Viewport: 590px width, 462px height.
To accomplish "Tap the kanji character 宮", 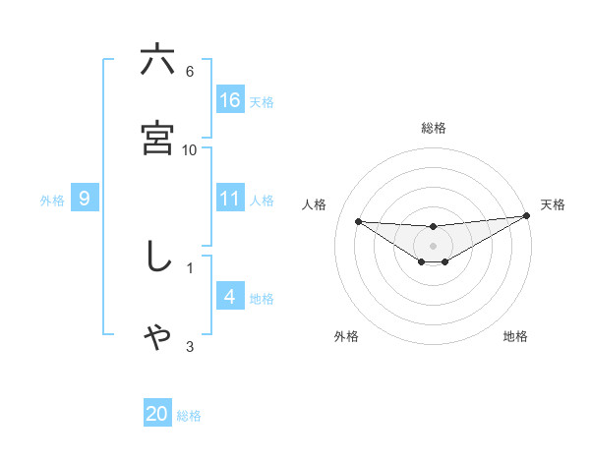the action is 157,140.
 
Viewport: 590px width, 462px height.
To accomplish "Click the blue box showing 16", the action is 230,100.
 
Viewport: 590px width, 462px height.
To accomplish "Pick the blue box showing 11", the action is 230,199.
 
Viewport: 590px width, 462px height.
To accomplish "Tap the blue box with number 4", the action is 230,297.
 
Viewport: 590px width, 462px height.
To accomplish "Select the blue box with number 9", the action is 85,199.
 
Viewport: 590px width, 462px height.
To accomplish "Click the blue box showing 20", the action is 157,414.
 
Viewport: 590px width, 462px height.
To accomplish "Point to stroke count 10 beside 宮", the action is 190,149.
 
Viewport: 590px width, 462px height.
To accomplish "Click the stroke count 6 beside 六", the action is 190,71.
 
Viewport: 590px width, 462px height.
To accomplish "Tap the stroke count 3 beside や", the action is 190,346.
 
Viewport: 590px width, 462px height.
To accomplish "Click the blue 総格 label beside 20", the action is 189,416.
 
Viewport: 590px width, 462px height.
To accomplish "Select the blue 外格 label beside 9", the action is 52,201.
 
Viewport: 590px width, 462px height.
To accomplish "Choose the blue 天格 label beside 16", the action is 262,102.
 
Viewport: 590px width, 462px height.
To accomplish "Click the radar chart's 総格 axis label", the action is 434,128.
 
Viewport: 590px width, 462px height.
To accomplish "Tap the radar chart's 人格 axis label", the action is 316,204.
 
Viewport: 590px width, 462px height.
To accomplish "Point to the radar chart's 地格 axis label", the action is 515,337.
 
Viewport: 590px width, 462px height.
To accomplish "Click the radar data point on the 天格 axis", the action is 526,215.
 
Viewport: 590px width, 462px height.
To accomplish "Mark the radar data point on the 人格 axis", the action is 358,221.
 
